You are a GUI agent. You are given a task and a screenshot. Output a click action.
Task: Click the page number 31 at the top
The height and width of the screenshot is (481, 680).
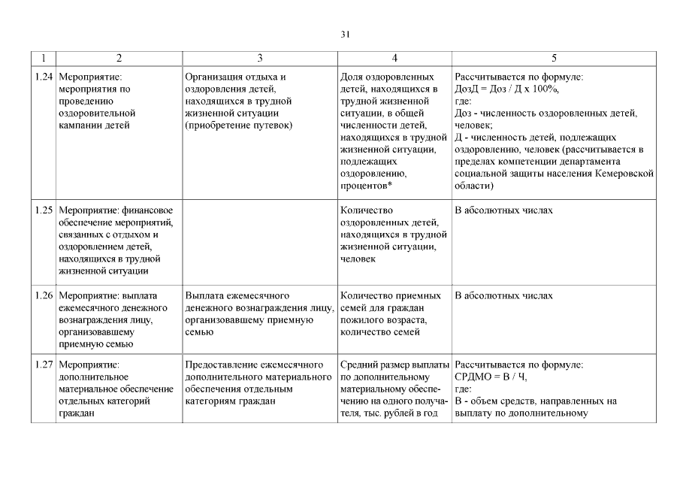point(345,34)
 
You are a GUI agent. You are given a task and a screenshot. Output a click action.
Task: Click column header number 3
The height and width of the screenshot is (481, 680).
point(260,58)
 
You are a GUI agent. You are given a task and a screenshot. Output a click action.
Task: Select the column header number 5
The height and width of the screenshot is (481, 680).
point(554,58)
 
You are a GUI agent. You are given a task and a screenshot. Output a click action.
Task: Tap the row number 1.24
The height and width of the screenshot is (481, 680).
point(44,77)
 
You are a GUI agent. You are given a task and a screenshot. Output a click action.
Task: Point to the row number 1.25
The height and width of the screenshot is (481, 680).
point(44,210)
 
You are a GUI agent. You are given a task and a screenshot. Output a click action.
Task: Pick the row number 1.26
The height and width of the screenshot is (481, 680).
point(44,295)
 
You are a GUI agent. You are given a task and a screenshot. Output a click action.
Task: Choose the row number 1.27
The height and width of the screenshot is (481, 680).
point(44,365)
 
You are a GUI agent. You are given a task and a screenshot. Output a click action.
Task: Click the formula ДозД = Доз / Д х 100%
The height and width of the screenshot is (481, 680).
point(507,89)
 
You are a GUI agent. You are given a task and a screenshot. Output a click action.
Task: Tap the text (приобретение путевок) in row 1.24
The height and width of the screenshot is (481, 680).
point(238,125)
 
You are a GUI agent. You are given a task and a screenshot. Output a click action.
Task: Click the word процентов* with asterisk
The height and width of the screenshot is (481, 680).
point(367,185)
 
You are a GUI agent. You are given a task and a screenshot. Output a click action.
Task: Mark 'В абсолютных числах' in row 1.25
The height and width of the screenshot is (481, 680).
point(503,210)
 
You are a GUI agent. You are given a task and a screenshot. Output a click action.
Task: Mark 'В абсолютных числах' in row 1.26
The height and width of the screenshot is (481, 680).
point(503,295)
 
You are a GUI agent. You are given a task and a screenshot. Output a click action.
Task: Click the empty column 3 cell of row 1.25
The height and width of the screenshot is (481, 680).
point(260,240)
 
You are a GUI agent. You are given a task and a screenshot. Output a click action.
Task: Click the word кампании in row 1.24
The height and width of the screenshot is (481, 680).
point(79,125)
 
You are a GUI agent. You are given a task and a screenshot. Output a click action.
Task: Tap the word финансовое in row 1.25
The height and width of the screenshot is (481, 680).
point(148,210)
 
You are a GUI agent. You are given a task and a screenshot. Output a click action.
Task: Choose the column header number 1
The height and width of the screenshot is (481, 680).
point(44,58)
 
